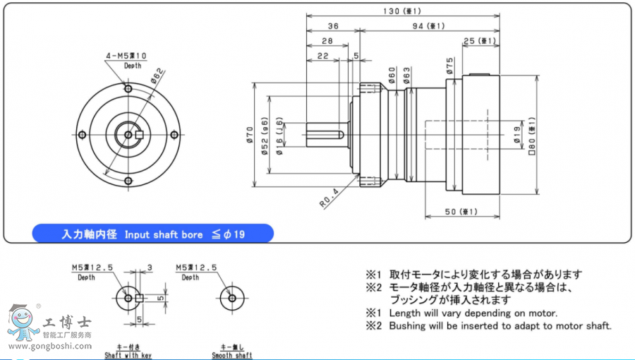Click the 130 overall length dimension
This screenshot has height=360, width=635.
[403, 11]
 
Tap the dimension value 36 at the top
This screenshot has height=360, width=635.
[332, 26]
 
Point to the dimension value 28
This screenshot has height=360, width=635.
[327, 41]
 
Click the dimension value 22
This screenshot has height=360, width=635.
[323, 55]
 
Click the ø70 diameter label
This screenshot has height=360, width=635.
[250, 135]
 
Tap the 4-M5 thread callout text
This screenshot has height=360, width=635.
[127, 56]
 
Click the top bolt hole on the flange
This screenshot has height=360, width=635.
[128, 89]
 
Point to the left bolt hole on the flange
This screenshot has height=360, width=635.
[81, 135]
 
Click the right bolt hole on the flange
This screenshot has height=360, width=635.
[174, 135]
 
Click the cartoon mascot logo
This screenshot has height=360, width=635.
[23, 322]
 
